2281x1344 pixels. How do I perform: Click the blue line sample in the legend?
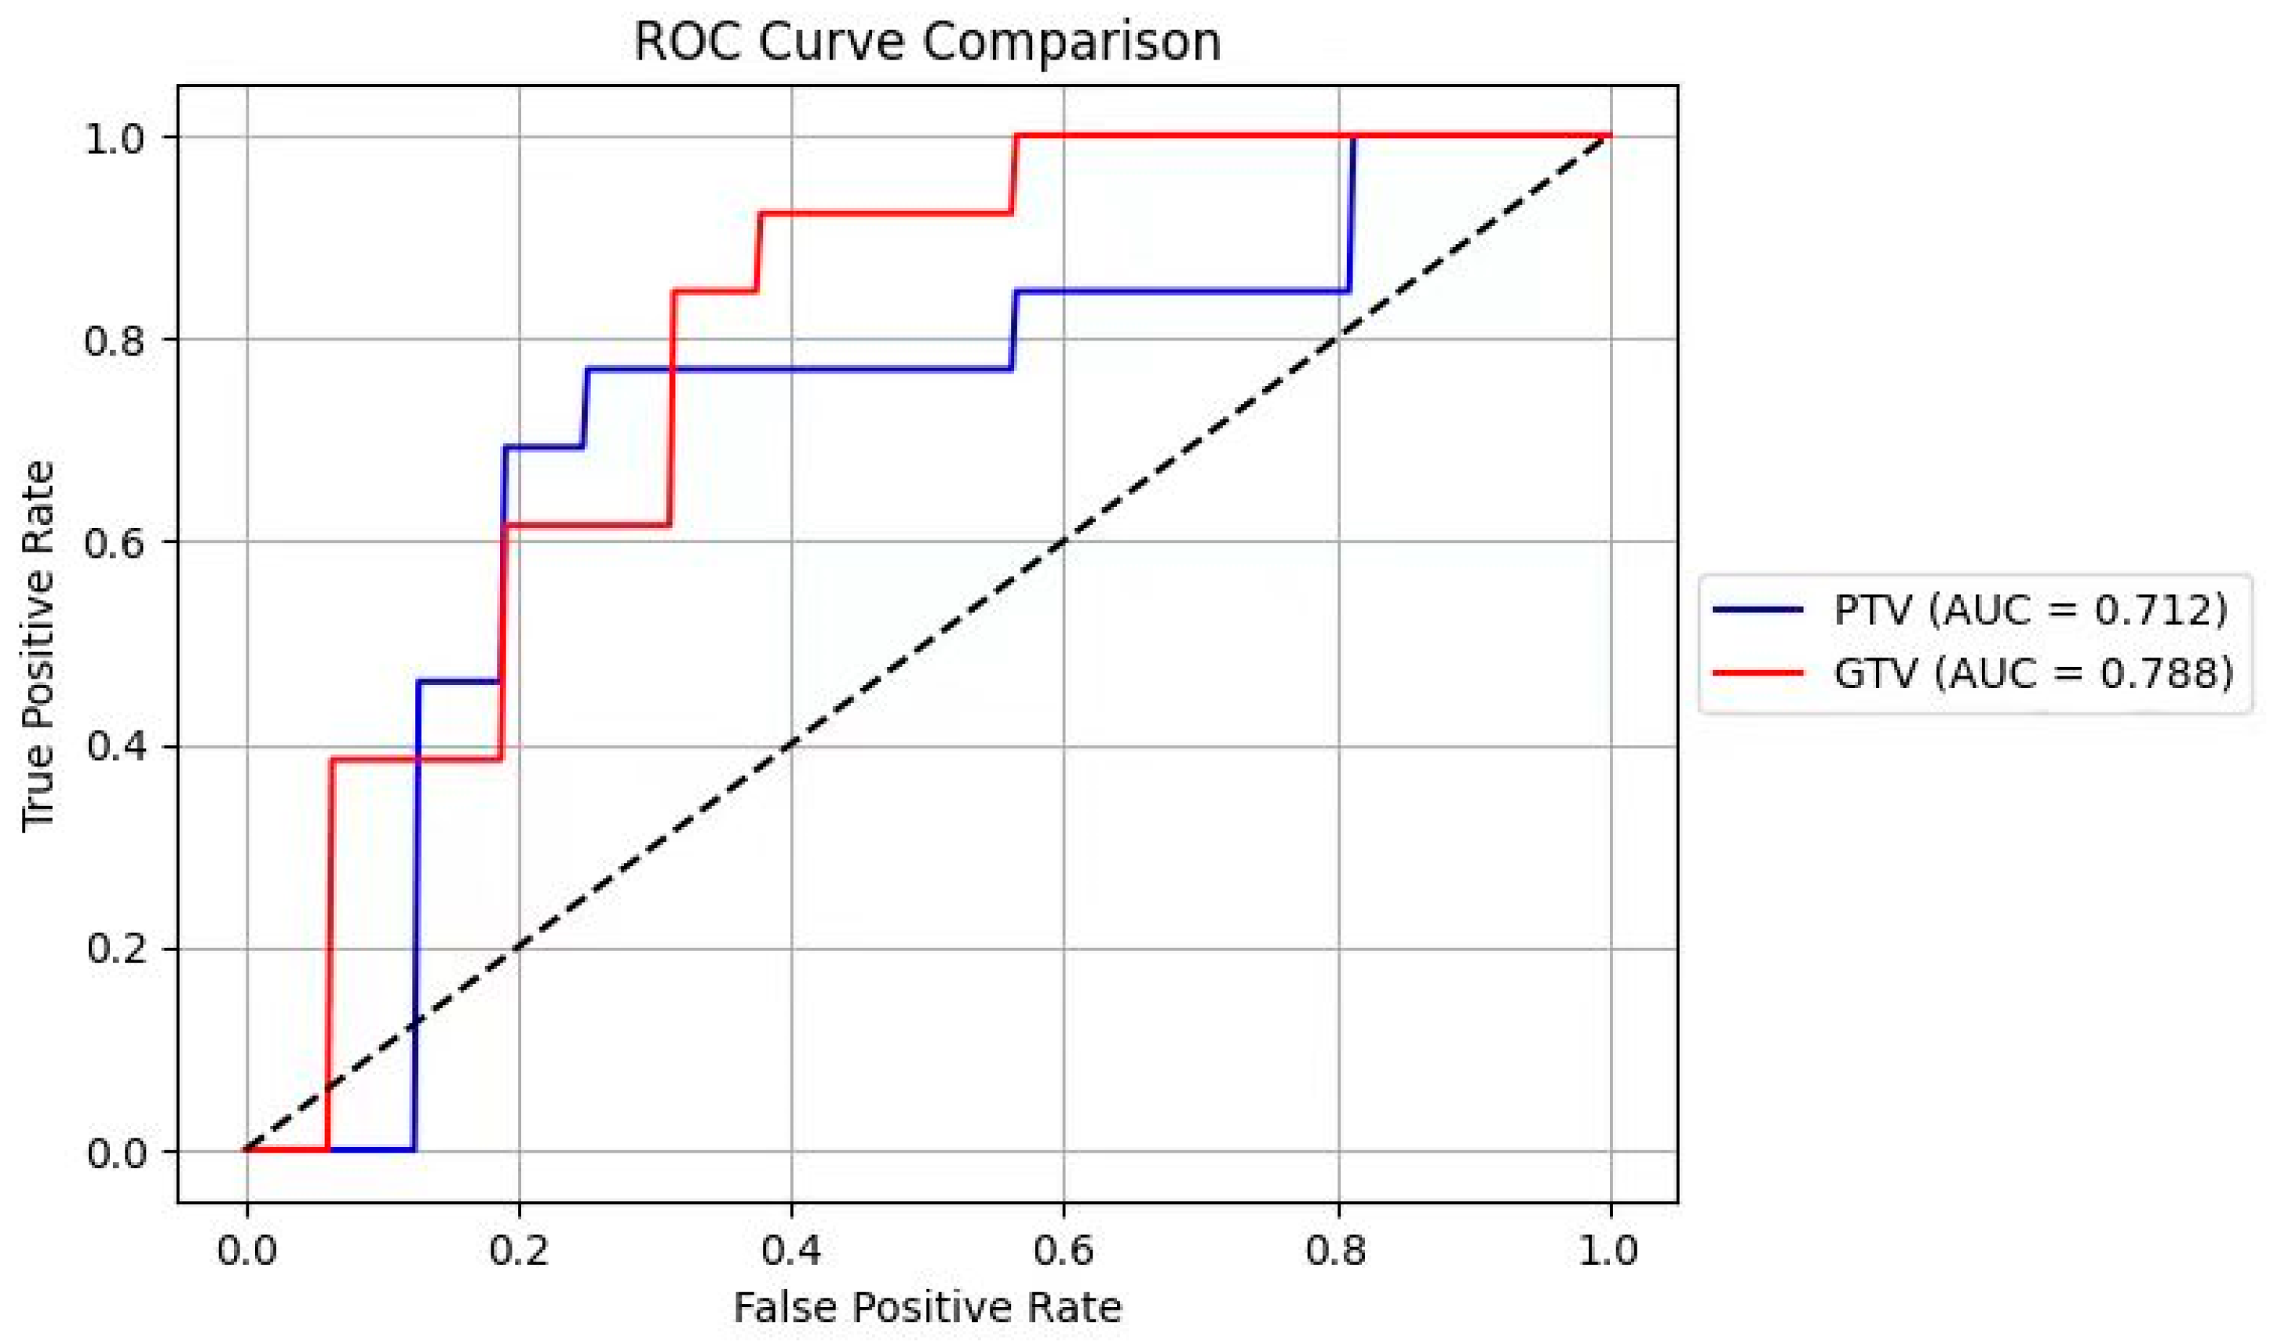pos(1757,610)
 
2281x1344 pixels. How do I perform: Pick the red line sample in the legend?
pos(1757,674)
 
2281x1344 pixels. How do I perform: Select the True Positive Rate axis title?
pos(38,645)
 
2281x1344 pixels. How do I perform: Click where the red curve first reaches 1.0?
pos(1016,137)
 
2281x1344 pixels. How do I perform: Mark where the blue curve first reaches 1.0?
pos(1353,137)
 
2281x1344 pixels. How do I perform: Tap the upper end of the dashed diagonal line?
pos(1609,137)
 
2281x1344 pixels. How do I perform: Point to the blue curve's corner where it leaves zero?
pos(414,1150)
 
